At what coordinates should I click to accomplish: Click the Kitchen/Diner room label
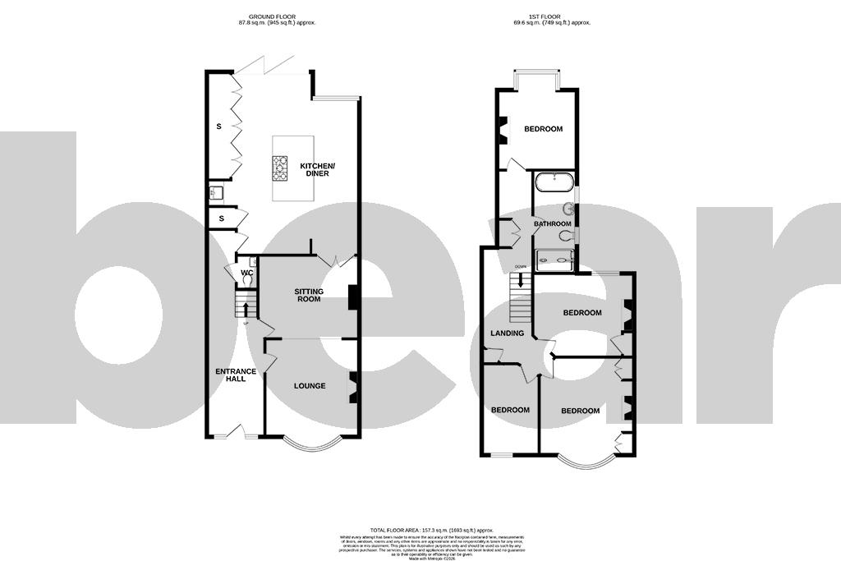point(317,170)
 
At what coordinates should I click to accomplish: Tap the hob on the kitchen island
point(280,168)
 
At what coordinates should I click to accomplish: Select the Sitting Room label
point(310,296)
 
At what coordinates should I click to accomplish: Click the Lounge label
point(310,386)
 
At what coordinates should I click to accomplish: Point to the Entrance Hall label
point(236,376)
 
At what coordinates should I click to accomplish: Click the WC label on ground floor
point(246,273)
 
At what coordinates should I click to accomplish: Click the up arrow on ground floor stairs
point(245,310)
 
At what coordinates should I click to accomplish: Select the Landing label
point(507,333)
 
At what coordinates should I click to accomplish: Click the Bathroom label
point(552,224)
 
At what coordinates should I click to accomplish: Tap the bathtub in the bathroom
point(554,182)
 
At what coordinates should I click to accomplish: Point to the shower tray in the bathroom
point(554,260)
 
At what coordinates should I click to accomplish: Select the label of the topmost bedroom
point(543,129)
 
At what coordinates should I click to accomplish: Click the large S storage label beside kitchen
point(218,127)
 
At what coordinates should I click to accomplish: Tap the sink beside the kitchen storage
point(215,194)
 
